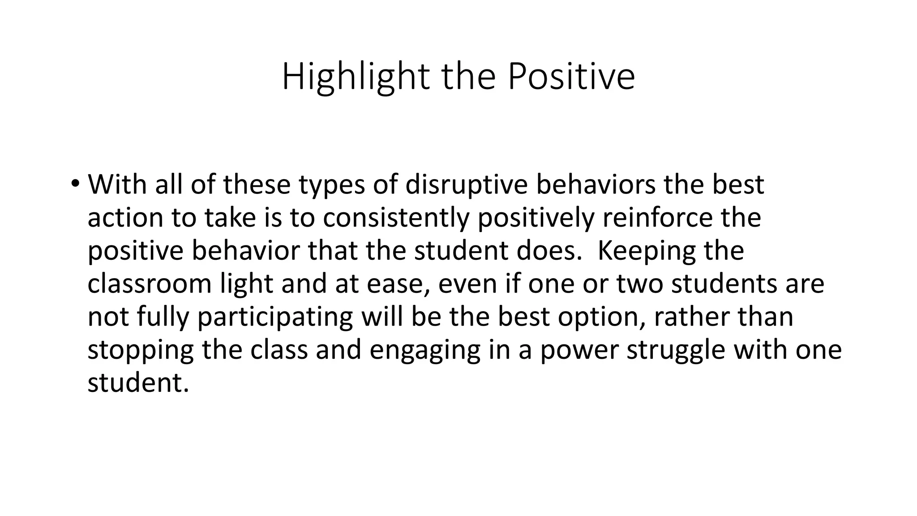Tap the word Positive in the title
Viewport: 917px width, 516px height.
click(x=571, y=77)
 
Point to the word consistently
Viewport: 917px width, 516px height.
click(x=396, y=218)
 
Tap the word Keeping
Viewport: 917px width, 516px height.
click(x=647, y=251)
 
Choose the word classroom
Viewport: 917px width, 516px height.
click(x=149, y=284)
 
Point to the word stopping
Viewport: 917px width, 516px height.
click(x=140, y=350)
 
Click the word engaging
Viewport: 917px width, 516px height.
click(x=425, y=350)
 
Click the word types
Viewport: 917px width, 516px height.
click(x=332, y=184)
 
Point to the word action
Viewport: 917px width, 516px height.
click(x=125, y=218)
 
